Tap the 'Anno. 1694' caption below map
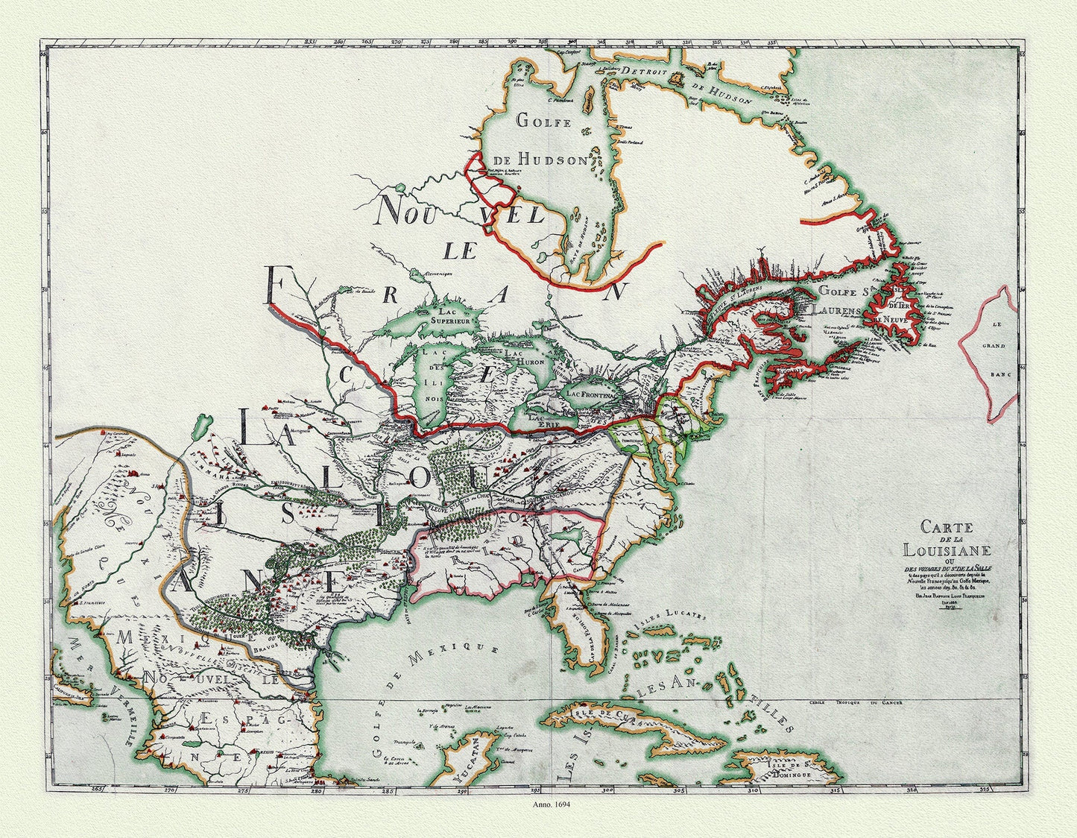pos(552,804)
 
